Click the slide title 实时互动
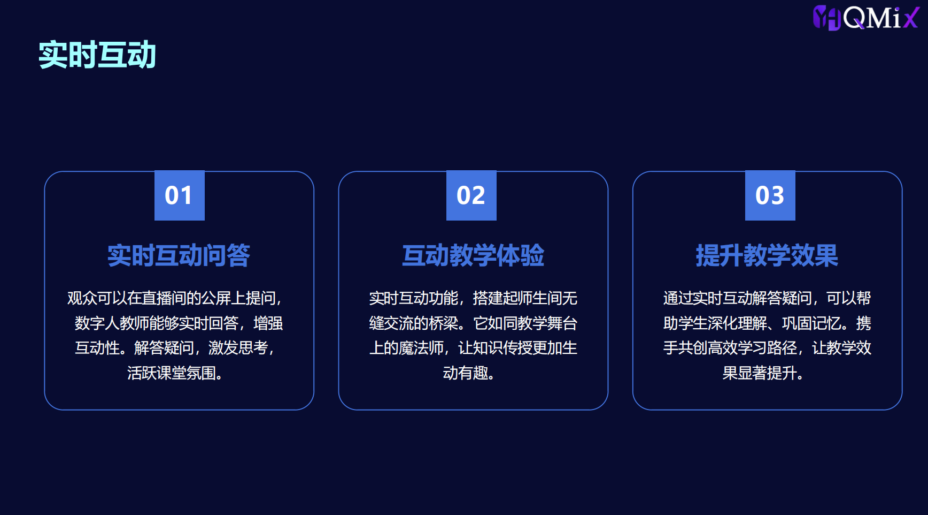[x=97, y=55]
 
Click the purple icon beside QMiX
[x=827, y=18]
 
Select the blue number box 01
[x=180, y=195]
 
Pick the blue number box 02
[x=471, y=195]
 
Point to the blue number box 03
[x=770, y=195]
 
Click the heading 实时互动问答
[x=179, y=255]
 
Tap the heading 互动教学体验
[x=473, y=255]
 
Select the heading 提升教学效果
[x=767, y=255]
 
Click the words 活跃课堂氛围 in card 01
[x=172, y=373]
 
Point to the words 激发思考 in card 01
[x=238, y=348]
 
